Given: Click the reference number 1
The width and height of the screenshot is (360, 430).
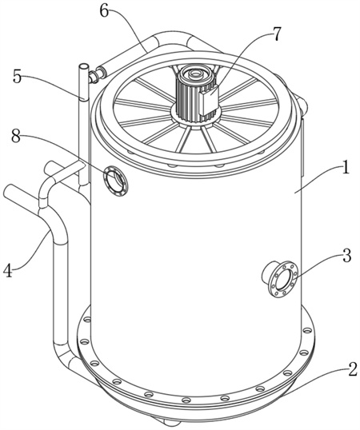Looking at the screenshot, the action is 346,168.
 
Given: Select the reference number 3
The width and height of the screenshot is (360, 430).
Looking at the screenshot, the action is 347,256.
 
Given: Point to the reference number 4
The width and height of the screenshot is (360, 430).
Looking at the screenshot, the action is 8,270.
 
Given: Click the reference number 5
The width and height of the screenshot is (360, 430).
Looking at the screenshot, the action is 18,77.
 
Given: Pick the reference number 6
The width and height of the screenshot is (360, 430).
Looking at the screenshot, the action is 105,11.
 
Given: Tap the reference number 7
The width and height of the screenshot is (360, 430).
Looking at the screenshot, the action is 276,34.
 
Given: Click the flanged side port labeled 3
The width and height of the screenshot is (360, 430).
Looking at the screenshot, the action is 281,278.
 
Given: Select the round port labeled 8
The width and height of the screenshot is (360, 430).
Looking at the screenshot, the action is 115,181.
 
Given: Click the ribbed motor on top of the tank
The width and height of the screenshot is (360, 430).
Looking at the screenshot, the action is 195,94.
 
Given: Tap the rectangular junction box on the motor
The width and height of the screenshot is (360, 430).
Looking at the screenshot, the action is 210,100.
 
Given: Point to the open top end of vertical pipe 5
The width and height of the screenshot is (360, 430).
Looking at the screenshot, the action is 84,66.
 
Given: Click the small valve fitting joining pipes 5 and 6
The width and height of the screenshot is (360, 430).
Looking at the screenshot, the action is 94,76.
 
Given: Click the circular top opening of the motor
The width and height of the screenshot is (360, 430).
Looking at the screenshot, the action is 195,74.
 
